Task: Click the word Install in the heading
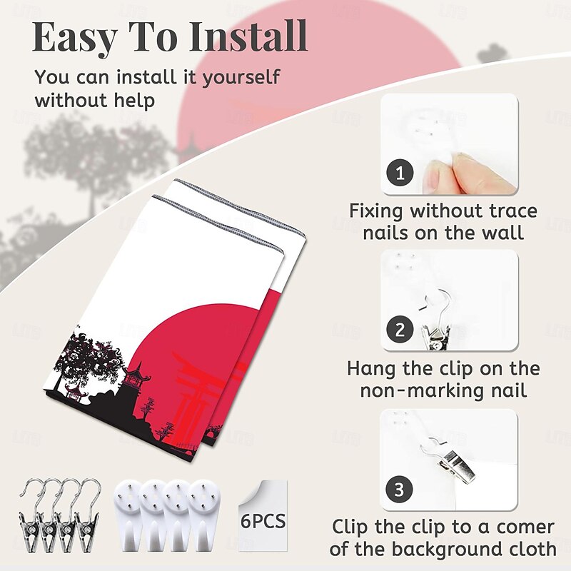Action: (248, 36)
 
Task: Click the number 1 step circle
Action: (400, 173)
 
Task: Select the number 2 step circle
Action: (400, 330)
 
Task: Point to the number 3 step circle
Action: (399, 489)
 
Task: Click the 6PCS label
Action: (263, 522)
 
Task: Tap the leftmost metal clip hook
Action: (30, 515)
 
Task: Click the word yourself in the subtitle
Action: (241, 79)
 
